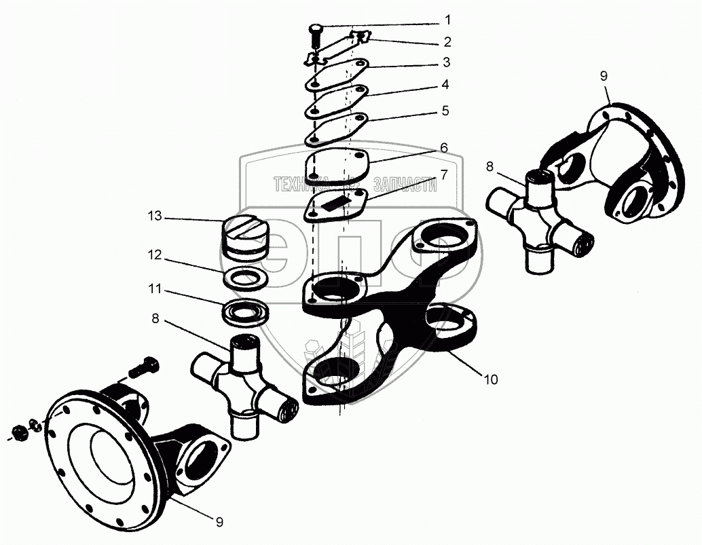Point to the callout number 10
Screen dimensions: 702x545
click(490, 379)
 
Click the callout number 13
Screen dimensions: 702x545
click(155, 217)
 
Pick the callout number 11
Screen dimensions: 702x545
click(155, 289)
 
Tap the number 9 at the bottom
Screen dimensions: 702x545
click(219, 522)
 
